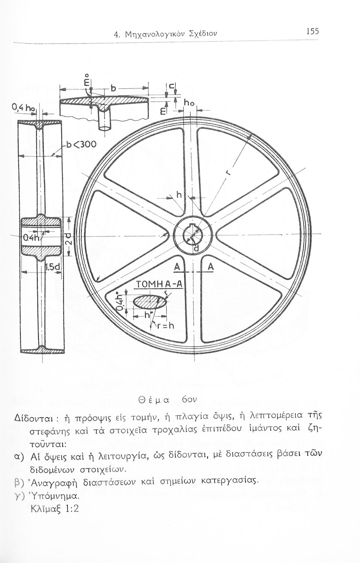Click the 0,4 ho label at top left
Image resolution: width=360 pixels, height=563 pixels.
coord(23,108)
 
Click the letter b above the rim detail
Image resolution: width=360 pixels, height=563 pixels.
coord(113,89)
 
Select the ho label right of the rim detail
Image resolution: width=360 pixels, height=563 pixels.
coord(188,102)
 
